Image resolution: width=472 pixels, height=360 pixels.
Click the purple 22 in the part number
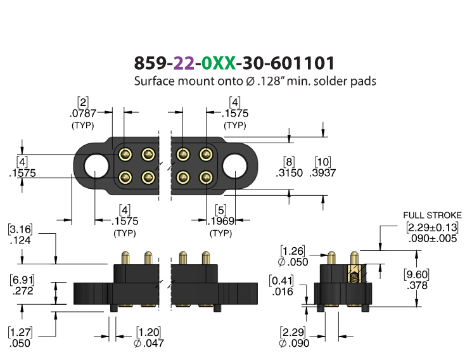[184, 63]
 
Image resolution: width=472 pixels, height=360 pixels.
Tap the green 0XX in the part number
[218, 63]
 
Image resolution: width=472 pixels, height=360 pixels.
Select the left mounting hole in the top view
[96, 165]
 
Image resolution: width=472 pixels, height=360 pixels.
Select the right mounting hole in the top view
[234, 165]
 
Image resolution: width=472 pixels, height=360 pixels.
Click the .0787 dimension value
[83, 113]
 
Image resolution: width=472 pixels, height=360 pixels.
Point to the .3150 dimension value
[289, 173]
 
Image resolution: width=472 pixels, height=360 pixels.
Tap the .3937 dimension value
[322, 173]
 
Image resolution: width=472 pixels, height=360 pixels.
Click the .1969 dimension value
[221, 221]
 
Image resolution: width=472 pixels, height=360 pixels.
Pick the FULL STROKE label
[432, 215]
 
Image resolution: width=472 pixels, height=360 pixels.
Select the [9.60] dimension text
[417, 274]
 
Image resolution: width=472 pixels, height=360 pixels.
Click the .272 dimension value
[23, 291]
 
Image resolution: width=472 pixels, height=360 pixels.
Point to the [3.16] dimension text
[20, 229]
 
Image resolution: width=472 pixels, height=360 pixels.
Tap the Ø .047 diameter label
[148, 343]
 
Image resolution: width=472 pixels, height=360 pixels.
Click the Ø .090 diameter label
[294, 343]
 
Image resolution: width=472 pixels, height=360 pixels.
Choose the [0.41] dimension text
[281, 281]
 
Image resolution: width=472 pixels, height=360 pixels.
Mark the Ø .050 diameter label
[293, 262]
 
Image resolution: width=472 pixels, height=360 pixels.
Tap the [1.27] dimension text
[20, 332]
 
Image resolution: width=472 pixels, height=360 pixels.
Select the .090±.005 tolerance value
[433, 238]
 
